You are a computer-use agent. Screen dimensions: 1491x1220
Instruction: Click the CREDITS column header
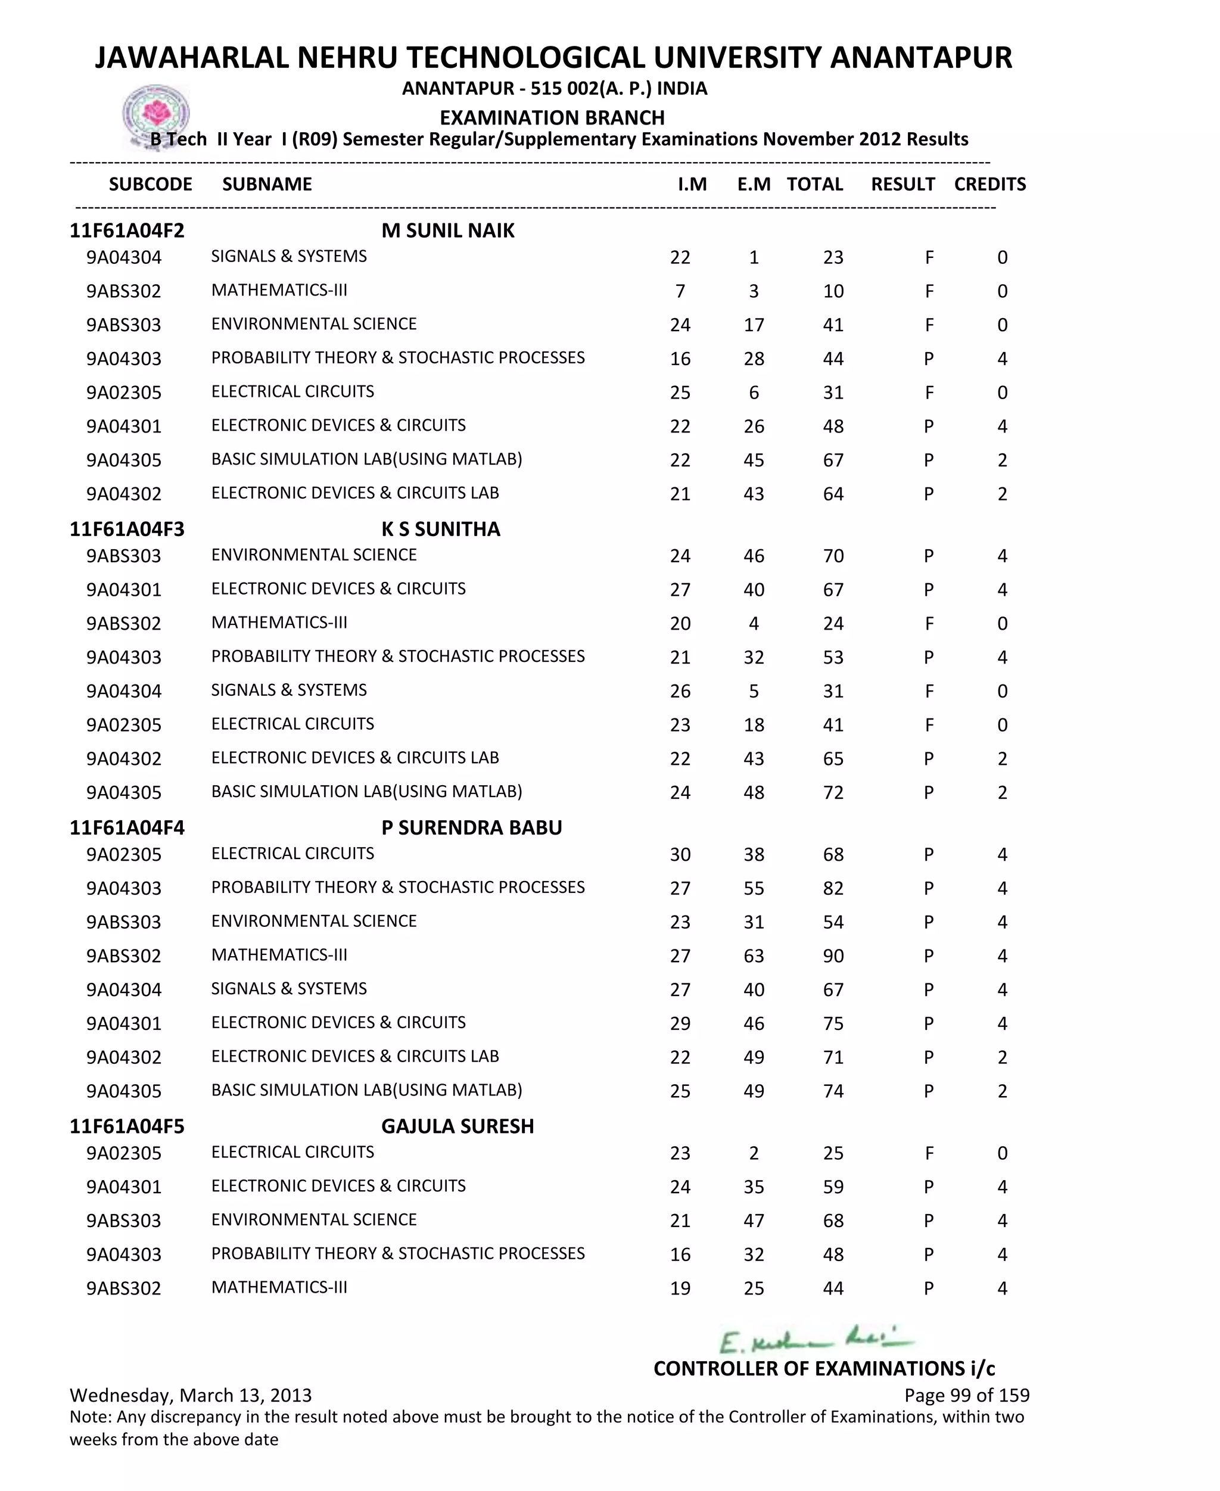point(989,184)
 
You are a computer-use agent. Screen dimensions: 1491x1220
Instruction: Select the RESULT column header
point(902,184)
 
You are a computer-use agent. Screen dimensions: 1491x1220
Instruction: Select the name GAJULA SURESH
point(457,1126)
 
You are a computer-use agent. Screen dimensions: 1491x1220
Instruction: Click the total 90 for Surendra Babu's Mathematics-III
point(833,956)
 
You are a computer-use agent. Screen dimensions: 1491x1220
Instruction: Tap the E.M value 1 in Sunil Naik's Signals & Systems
point(754,258)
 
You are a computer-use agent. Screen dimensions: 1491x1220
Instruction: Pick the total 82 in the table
point(833,889)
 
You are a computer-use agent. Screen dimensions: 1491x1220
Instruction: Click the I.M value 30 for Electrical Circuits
point(680,855)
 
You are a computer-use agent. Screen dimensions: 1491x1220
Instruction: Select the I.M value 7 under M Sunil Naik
point(680,292)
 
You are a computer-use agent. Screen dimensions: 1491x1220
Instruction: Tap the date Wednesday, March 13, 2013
point(191,1396)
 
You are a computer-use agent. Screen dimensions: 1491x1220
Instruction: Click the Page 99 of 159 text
point(966,1396)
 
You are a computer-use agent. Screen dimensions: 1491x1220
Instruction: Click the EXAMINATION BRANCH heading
point(552,117)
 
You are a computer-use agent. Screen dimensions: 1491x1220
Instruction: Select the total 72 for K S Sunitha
point(833,793)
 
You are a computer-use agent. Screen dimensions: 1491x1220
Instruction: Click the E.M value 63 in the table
point(754,956)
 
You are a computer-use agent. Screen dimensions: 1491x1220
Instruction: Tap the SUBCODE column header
point(150,184)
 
